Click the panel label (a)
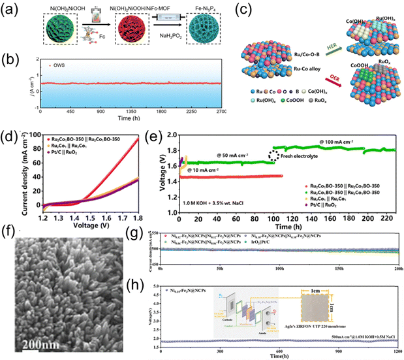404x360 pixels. pos(12,11)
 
